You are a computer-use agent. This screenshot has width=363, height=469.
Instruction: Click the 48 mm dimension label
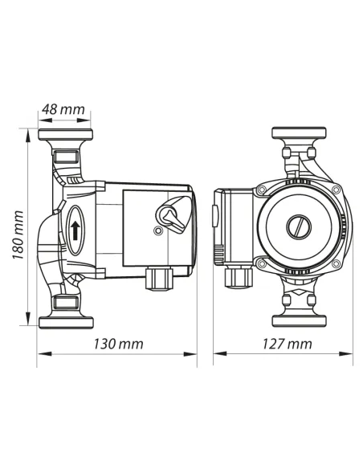63,109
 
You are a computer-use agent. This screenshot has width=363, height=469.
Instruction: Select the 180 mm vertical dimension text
18,235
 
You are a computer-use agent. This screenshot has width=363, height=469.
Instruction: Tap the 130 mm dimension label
119,344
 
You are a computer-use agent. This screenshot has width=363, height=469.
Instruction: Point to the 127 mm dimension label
287,344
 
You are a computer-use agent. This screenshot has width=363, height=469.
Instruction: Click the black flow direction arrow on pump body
75,230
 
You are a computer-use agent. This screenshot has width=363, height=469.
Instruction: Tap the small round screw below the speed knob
157,231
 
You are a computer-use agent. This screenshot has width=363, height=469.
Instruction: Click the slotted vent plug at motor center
299,226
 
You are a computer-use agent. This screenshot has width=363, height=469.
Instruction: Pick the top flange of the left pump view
65,135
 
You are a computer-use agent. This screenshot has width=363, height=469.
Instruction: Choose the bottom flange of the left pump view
66,323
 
